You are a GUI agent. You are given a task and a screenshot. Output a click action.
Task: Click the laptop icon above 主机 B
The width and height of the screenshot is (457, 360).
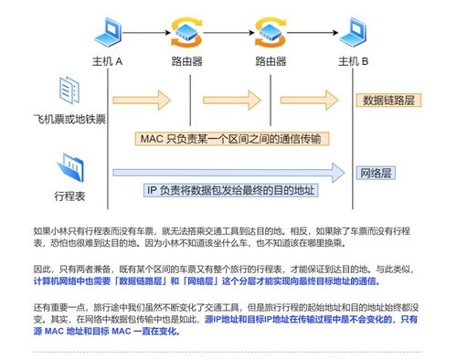(353, 34)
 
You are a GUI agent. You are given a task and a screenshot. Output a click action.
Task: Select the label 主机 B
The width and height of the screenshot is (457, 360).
(353, 61)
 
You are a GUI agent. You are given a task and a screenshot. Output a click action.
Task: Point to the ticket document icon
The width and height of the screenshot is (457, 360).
(71, 91)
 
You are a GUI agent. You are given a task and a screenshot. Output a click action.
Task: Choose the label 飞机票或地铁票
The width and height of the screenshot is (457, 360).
(70, 120)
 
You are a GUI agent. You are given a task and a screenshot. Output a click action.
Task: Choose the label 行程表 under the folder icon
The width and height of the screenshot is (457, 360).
(70, 196)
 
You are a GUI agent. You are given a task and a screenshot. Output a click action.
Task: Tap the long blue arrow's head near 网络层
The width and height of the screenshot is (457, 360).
(341, 171)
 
